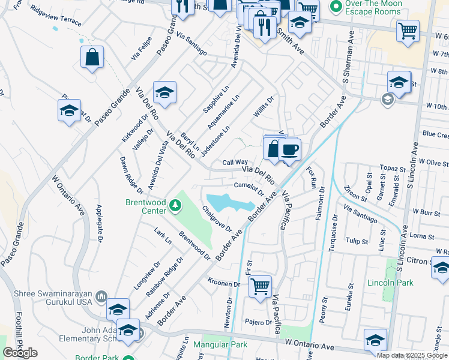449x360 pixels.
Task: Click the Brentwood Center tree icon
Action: [175, 206]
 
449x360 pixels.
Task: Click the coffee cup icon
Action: [289, 149]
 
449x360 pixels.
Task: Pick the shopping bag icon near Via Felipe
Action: [92, 58]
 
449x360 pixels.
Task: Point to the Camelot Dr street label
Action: [249, 188]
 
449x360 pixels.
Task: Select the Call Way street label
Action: [235, 162]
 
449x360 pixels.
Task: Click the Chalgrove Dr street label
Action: [217, 219]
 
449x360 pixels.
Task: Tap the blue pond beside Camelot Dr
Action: [228, 203]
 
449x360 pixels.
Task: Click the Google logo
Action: [20, 353]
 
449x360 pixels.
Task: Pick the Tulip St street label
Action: [357, 241]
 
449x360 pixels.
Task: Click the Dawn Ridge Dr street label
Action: [131, 175]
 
